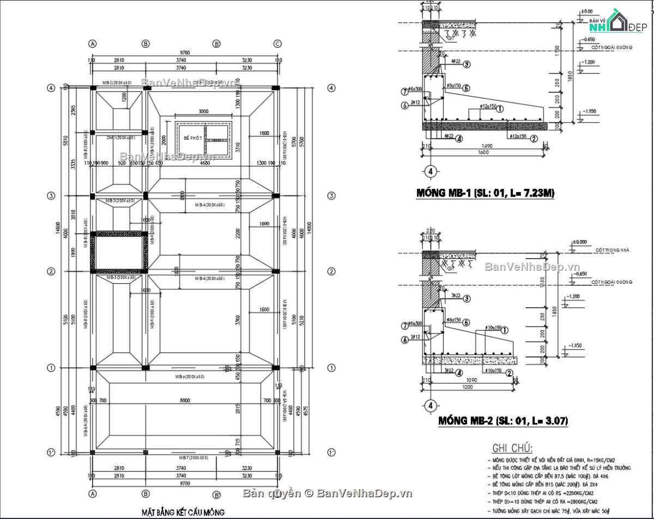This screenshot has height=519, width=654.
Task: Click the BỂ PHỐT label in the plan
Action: click(x=193, y=139)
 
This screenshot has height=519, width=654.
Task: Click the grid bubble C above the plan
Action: click(x=277, y=44)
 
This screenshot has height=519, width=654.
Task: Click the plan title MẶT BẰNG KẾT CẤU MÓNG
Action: click(x=183, y=512)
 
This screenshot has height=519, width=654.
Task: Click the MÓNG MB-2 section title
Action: click(x=503, y=421)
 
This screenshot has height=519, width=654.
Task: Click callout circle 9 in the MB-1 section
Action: click(x=467, y=64)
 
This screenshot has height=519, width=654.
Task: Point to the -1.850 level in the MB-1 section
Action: click(x=586, y=111)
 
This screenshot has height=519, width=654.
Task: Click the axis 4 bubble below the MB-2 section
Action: click(x=431, y=405)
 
